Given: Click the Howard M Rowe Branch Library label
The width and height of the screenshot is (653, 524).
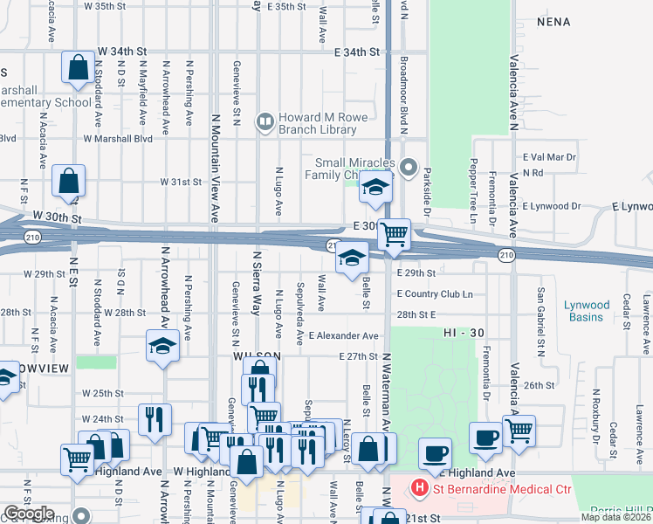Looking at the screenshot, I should [317, 124].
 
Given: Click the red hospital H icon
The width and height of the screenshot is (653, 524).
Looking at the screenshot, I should [420, 488].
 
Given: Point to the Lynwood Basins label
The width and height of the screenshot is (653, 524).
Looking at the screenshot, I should [587, 310].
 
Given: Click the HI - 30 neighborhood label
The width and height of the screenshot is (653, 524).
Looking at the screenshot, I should [463, 334].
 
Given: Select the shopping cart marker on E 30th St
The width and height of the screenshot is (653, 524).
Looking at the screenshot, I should [395, 233].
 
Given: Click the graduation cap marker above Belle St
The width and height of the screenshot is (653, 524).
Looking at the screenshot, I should [352, 258].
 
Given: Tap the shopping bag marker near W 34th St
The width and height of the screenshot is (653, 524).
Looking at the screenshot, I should [79, 65].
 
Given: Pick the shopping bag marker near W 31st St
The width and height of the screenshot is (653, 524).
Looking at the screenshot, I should [68, 181].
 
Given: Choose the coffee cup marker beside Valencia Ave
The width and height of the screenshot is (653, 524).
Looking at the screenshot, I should [485, 436].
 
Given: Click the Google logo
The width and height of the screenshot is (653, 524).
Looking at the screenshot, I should [29, 514].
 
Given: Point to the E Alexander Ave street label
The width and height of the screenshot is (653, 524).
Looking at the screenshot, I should [343, 335].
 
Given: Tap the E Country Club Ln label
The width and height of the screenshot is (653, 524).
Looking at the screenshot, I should [434, 294].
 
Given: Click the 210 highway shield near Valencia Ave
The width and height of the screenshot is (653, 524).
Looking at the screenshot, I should [506, 254].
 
